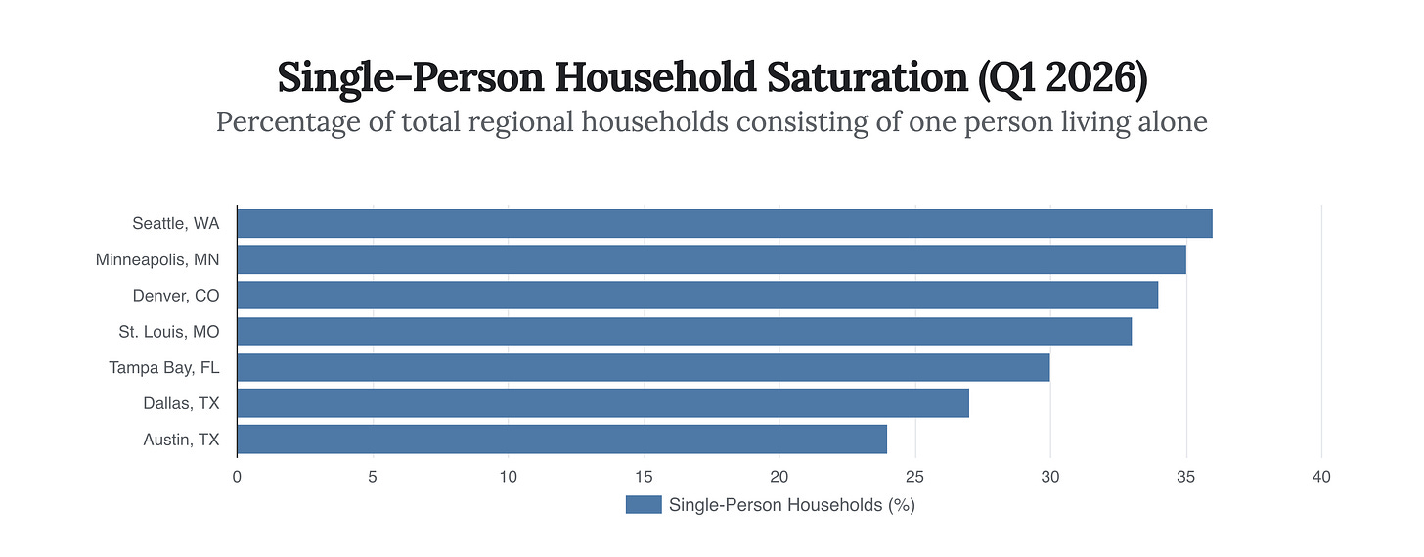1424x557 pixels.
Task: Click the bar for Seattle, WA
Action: pyautogui.click(x=724, y=223)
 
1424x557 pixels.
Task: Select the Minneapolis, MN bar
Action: pyautogui.click(x=711, y=259)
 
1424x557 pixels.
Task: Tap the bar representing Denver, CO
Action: pyautogui.click(x=697, y=296)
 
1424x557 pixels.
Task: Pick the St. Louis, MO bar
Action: pyautogui.click(x=684, y=331)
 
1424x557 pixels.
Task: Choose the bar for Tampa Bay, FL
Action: pyautogui.click(x=643, y=367)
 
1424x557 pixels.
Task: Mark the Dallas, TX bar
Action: pyautogui.click(x=602, y=403)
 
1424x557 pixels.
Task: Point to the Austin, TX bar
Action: pyautogui.click(x=561, y=440)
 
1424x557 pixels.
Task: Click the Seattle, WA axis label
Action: pyautogui.click(x=176, y=224)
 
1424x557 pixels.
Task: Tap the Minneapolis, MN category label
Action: pyautogui.click(x=157, y=260)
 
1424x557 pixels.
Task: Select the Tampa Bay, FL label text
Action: pyautogui.click(x=164, y=368)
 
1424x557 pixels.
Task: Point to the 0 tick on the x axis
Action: pyautogui.click(x=237, y=477)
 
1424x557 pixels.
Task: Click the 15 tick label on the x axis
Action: pyautogui.click(x=644, y=477)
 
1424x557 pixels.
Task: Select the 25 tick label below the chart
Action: pyautogui.click(x=914, y=477)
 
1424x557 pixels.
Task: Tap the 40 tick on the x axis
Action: pyautogui.click(x=1321, y=477)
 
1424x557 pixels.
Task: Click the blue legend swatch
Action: pyautogui.click(x=644, y=505)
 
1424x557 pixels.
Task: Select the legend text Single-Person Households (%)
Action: pyautogui.click(x=791, y=505)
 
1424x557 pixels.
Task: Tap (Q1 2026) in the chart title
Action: pyautogui.click(x=1063, y=78)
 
